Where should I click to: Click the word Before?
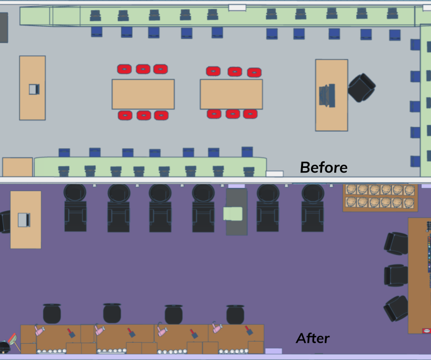pos(323,167)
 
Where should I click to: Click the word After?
pos(313,338)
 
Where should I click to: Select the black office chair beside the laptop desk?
pos(362,87)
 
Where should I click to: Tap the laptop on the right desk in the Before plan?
pos(328,95)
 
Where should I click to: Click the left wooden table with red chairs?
pos(143,94)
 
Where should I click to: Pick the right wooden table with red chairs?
pos(231,94)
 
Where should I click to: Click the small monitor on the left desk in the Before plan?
pos(34,89)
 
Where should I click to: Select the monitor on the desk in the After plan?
pos(23,219)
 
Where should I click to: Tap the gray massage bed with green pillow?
pos(236,212)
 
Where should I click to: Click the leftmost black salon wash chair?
pos(75,208)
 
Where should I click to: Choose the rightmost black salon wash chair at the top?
pos(313,208)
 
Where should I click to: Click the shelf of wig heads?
pos(379,196)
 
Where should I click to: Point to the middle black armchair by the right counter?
pos(395,275)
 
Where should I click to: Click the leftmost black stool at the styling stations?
pos(52,314)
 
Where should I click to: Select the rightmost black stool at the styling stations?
pos(235,314)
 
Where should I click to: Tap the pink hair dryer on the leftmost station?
pos(38,330)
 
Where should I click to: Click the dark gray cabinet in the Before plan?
pos(3,27)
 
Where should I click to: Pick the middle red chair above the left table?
pos(143,69)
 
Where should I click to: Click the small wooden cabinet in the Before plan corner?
pos(17,167)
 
